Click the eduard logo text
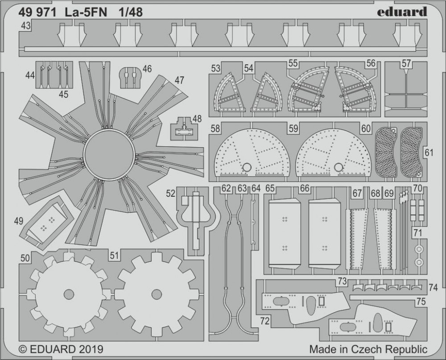tap(402, 12)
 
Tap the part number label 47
tap(179, 80)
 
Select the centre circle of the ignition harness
tap(109, 154)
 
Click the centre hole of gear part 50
tap(69, 294)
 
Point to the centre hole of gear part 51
tap(157, 294)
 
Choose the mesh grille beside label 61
tap(412, 152)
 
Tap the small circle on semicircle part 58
tap(247, 167)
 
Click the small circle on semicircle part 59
tap(339, 167)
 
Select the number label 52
tap(171, 194)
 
